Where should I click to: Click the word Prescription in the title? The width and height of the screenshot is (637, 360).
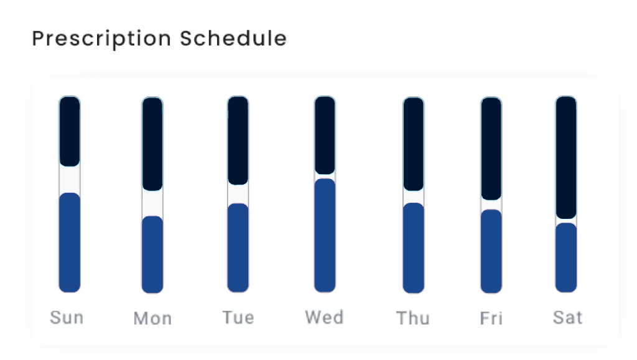click(101, 39)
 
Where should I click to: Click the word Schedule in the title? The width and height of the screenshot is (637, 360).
click(234, 39)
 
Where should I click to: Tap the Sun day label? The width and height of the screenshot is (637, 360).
click(67, 317)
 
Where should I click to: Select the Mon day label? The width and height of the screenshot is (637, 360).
click(153, 318)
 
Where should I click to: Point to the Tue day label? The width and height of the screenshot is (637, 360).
click(238, 317)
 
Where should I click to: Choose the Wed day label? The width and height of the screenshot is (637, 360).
click(325, 317)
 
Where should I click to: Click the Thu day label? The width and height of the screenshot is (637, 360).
click(413, 318)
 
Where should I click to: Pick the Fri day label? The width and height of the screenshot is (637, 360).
click(491, 318)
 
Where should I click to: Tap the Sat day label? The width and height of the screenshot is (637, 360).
click(567, 317)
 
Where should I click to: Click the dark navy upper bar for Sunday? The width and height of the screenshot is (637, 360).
click(70, 131)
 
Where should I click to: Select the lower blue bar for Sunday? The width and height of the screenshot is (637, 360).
click(70, 242)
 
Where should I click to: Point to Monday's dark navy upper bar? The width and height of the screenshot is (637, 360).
click(152, 144)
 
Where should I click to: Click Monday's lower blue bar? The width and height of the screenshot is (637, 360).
click(152, 254)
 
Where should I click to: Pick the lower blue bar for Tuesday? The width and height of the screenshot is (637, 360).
click(238, 247)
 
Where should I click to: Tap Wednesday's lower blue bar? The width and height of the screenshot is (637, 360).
click(325, 236)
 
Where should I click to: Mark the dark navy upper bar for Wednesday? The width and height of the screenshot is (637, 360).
click(325, 135)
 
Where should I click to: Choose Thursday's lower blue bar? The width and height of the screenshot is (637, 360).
click(413, 247)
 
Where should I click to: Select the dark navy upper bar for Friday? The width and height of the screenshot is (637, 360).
click(491, 149)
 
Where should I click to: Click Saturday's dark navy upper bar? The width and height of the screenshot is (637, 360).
click(566, 157)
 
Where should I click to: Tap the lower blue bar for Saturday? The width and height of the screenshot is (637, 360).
click(566, 257)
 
